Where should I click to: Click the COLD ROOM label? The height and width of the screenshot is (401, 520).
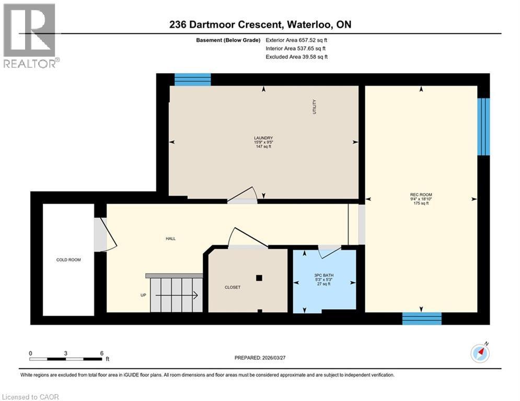coord(68,260)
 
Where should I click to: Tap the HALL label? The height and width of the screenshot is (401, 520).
coord(170,239)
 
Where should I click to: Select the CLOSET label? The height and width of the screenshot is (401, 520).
coord(233,287)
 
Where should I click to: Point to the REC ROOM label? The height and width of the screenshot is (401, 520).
coord(421,194)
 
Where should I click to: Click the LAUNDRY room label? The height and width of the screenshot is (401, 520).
coord(264,138)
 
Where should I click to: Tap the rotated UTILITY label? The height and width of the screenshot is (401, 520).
coord(315,107)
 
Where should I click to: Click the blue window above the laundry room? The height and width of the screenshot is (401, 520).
coord(192,79)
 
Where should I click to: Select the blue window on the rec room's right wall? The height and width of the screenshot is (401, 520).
coord(484,126)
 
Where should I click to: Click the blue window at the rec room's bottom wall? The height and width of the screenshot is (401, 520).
coord(421,318)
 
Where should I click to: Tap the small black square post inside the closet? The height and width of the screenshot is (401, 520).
coord(259,278)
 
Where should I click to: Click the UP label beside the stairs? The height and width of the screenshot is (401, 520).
coord(143,295)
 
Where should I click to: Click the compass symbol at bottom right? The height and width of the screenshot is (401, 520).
coord(480,353)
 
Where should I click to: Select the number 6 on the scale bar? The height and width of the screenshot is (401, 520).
coord(101,353)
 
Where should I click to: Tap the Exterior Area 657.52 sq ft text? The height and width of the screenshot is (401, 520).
coord(296,40)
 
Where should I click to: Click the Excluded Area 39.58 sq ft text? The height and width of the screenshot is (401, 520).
coord(296,56)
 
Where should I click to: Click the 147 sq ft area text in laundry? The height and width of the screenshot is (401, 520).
coord(264,147)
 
